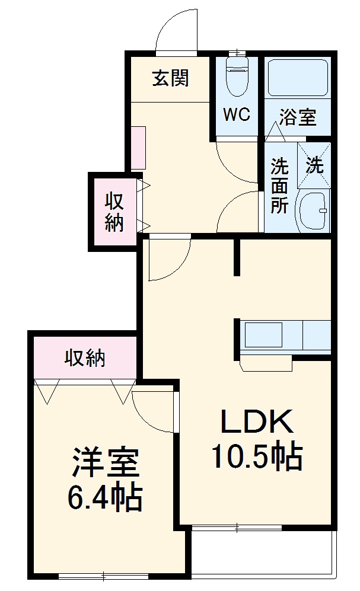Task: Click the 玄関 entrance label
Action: click(x=171, y=78)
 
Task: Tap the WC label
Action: click(x=236, y=114)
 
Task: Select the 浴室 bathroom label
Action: click(x=297, y=117)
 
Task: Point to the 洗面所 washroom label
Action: click(x=279, y=186)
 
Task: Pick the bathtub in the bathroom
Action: click(x=297, y=78)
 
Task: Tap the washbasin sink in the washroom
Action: click(x=313, y=210)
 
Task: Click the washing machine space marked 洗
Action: click(x=314, y=165)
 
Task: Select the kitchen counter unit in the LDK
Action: click(x=285, y=337)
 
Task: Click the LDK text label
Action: click(x=257, y=422)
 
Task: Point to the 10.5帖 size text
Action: click(x=257, y=456)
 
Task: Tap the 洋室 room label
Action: click(x=106, y=462)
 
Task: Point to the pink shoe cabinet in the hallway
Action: click(x=138, y=148)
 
